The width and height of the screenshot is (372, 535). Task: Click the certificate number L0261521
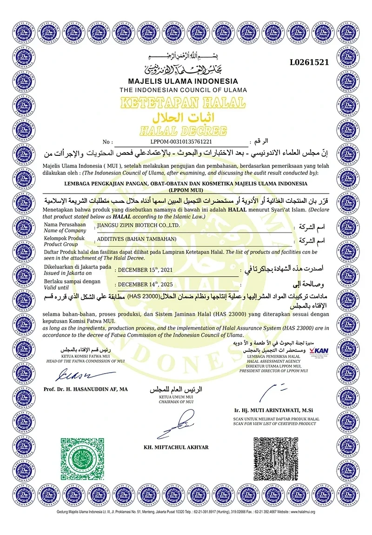click(309, 62)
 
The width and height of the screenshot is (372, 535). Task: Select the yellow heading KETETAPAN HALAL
click(183, 102)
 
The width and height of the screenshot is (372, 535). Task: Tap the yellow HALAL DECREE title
click(183, 130)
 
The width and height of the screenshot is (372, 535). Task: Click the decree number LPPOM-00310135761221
click(181, 142)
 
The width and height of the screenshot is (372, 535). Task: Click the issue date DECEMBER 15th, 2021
click(146, 269)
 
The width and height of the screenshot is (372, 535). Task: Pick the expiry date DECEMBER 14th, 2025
click(146, 283)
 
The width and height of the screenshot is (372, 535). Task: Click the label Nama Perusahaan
click(65, 224)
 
